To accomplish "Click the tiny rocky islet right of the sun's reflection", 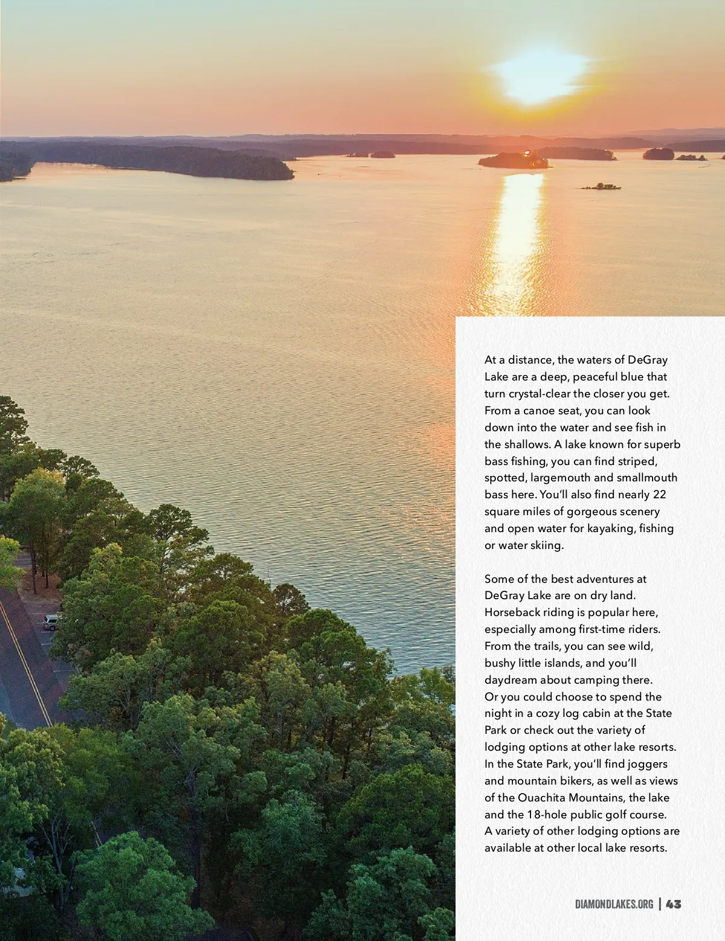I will [601, 187].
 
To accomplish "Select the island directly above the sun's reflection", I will [514, 160].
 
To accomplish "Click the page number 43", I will [674, 904].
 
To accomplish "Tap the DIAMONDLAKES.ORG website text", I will [614, 904].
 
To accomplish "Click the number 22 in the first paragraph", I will [659, 494].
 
